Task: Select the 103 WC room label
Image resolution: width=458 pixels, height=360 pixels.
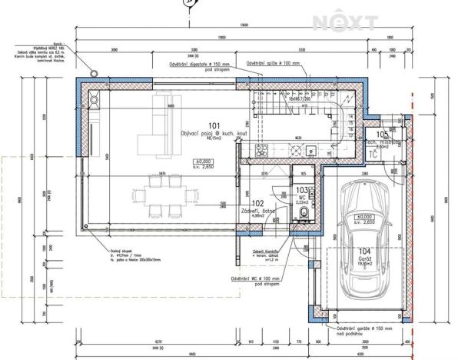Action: (x=302, y=189)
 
